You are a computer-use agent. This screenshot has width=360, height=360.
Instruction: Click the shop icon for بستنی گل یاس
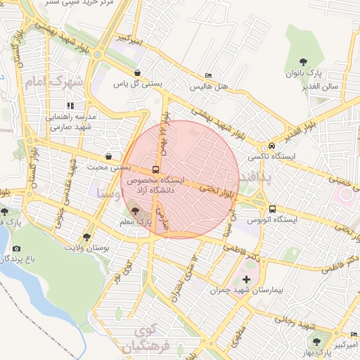[137, 72]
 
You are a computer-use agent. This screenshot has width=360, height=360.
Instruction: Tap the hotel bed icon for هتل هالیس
[207, 75]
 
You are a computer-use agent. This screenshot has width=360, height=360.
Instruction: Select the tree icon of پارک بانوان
[303, 62]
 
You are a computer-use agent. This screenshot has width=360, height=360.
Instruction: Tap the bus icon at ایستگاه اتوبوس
[272, 209]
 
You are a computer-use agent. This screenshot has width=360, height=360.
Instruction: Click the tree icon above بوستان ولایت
[86, 237]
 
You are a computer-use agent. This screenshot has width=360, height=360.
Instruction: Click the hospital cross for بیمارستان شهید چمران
[245, 279]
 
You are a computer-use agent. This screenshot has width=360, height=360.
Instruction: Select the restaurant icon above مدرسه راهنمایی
[70, 105]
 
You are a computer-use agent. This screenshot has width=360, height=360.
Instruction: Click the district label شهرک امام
[53, 82]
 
